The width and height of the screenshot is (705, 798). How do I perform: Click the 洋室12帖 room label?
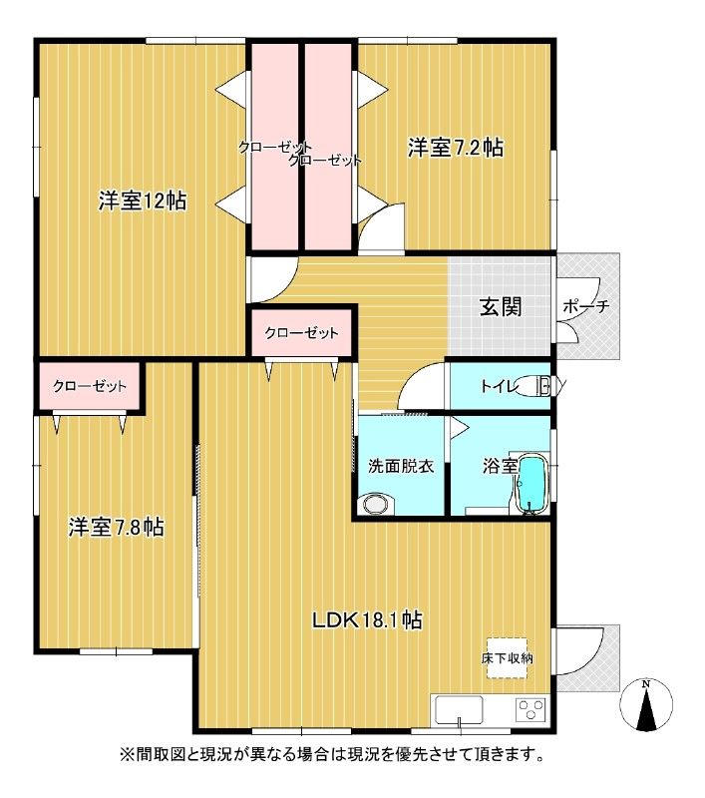(x=142, y=201)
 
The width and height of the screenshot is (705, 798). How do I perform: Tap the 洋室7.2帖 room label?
(x=456, y=148)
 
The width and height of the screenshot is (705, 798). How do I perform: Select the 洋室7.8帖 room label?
(x=116, y=528)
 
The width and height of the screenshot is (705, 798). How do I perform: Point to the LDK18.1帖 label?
(x=367, y=619)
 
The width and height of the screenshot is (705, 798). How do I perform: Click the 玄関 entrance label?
(x=501, y=307)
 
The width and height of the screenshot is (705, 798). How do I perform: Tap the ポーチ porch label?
(x=586, y=306)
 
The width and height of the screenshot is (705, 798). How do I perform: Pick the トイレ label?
(x=500, y=386)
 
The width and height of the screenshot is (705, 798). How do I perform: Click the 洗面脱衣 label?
(x=401, y=466)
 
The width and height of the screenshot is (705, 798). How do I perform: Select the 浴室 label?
(x=500, y=466)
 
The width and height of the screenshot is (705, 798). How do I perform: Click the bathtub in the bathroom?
(x=532, y=484)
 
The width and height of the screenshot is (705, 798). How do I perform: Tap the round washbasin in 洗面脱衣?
(x=376, y=504)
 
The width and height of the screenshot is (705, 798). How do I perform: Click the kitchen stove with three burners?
(x=531, y=709)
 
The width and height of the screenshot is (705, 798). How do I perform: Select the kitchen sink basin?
(x=459, y=710)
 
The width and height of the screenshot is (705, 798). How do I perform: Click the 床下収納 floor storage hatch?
(x=507, y=658)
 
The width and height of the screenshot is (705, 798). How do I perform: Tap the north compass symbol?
(x=646, y=705)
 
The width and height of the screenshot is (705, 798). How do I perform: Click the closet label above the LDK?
(x=301, y=333)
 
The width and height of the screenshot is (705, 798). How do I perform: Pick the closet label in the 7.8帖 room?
(x=90, y=386)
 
